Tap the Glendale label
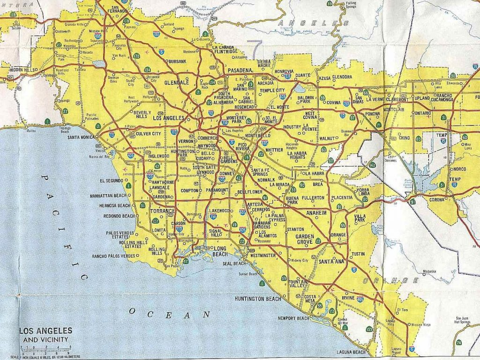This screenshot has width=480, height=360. coord(176,82)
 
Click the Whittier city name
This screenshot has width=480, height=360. coord(274,150)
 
